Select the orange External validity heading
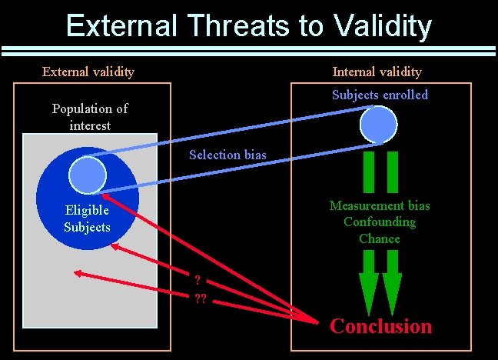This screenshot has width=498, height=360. (x=88, y=72)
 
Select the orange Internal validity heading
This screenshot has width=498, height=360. (x=377, y=72)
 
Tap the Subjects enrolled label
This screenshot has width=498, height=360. (x=380, y=95)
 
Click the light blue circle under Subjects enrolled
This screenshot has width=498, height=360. (x=379, y=124)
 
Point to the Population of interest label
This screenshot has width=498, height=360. (x=90, y=117)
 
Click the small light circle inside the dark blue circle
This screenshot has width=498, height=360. (x=87, y=175)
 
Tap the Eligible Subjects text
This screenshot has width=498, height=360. (x=87, y=218)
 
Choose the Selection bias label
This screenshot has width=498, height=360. (x=227, y=155)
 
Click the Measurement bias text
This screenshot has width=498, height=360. (x=380, y=205)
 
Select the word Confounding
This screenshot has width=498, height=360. (x=380, y=222)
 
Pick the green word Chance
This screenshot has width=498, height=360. (x=380, y=238)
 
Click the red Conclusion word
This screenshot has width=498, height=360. (x=380, y=326)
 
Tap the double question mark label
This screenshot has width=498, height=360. (x=200, y=299)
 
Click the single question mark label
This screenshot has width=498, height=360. (x=198, y=280)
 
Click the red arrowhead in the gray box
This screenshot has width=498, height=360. (x=78, y=272)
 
